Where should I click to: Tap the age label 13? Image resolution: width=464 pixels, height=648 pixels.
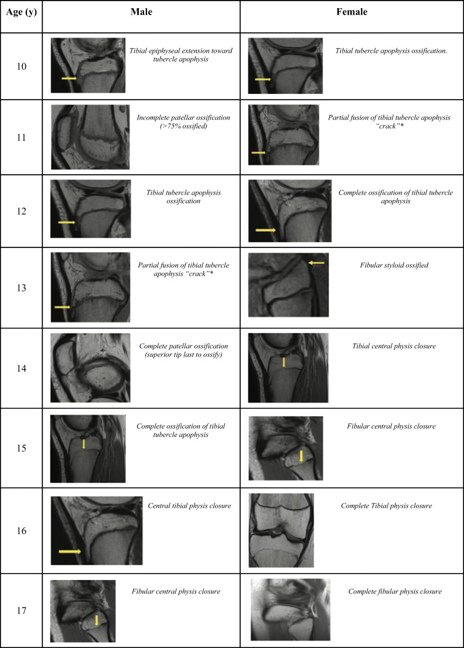[x=21, y=289]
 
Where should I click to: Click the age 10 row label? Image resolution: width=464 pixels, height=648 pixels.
[x=21, y=66]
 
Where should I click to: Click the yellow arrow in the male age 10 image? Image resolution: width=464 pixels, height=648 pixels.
[x=69, y=77]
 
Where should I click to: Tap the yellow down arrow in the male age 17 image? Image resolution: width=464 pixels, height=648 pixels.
[x=97, y=620]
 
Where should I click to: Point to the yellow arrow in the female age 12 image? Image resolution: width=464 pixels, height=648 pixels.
[x=265, y=230]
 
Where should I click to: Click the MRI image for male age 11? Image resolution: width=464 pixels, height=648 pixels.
[x=90, y=137]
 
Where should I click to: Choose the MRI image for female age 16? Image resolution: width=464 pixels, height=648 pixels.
[x=281, y=530]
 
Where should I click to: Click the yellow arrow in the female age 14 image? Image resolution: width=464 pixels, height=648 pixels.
[x=284, y=362]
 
